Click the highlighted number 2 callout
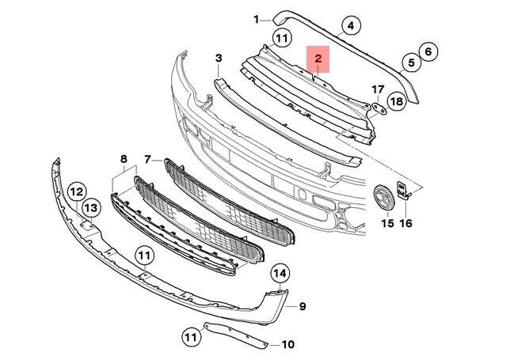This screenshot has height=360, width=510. pyautogui.click(x=318, y=59)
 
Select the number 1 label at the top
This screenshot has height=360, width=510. pyautogui.click(x=256, y=18)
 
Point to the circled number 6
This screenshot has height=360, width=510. pyautogui.click(x=427, y=52)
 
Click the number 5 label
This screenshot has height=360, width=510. pyautogui.click(x=410, y=62)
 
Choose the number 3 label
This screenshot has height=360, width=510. pyautogui.click(x=219, y=58)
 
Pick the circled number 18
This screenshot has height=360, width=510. pyautogui.click(x=397, y=101)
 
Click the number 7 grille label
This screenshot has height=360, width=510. pyautogui.click(x=148, y=160)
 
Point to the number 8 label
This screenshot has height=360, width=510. pyautogui.click(x=124, y=160)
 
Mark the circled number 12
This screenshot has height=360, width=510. pyautogui.click(x=76, y=191)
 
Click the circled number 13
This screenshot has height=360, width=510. pyautogui.click(x=92, y=207)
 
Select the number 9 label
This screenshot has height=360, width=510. pyautogui.click(x=302, y=305)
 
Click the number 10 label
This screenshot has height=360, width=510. pyautogui.click(x=287, y=344)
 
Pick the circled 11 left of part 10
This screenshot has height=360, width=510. pyautogui.click(x=190, y=337)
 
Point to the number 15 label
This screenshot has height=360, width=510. pyautogui.click(x=387, y=224)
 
